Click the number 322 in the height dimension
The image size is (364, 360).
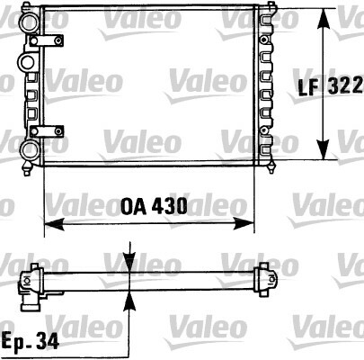[345, 86]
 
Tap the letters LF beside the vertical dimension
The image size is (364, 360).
[308, 86]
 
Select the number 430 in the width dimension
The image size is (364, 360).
[170, 206]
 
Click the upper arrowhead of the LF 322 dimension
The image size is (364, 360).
[324, 19]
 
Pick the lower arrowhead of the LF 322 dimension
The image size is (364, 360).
[324, 149]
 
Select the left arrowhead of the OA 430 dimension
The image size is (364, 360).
[54, 224]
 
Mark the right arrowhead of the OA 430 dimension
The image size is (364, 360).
[244, 224]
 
